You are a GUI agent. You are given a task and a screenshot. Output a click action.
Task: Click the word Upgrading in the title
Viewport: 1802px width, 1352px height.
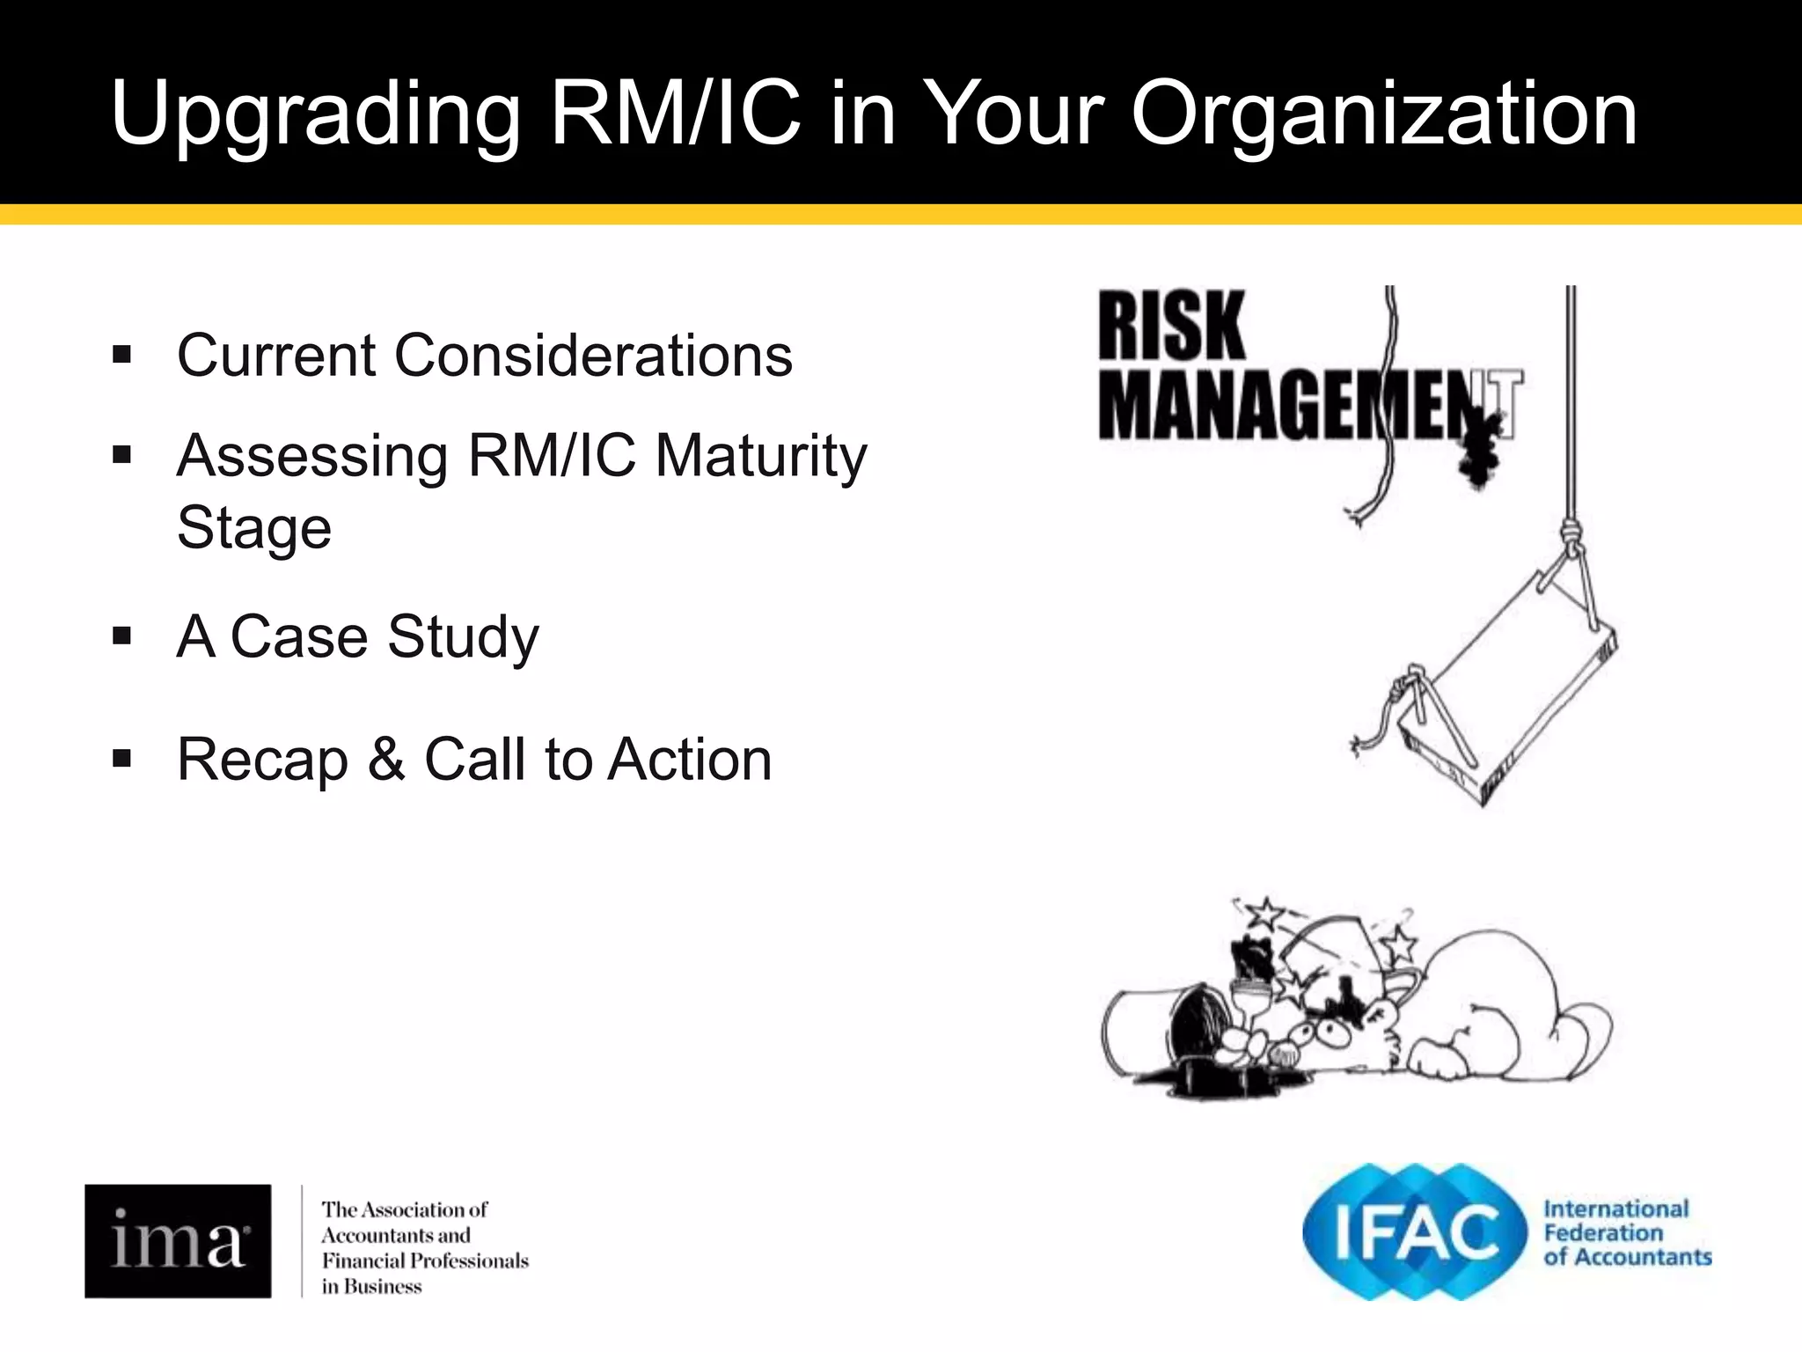pyautogui.click(x=315, y=114)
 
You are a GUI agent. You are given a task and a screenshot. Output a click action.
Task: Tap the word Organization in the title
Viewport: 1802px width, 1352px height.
pyautogui.click(x=1383, y=114)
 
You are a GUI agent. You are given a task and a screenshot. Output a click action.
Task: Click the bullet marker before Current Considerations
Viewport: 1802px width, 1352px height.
pyautogui.click(x=122, y=356)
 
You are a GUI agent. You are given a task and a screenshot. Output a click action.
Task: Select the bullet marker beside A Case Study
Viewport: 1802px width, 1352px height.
pyautogui.click(x=122, y=636)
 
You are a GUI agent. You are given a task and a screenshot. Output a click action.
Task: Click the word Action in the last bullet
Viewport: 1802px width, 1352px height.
pyautogui.click(x=690, y=759)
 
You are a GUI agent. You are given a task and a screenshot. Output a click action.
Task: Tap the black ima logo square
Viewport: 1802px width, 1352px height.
pyautogui.click(x=178, y=1240)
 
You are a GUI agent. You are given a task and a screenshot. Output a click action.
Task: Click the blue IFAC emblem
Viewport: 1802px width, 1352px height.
pyautogui.click(x=1414, y=1231)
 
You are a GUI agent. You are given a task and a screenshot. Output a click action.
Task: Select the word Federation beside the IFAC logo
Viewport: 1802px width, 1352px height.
pyautogui.click(x=1603, y=1232)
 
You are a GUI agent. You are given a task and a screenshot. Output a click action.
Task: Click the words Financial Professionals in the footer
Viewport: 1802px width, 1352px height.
pyautogui.click(x=425, y=1260)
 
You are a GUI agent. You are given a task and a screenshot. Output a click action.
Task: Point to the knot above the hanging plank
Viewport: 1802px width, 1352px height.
pyautogui.click(x=1570, y=533)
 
